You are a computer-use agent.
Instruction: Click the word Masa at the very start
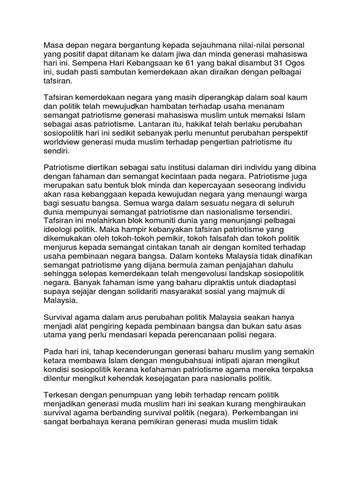coord(53,45)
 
